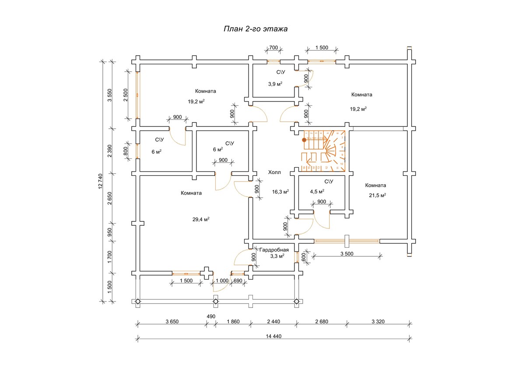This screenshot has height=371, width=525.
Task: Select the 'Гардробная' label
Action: pyautogui.click(x=274, y=250)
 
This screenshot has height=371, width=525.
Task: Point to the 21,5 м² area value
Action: pyautogui.click(x=377, y=196)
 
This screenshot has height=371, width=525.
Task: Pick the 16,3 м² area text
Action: pyautogui.click(x=280, y=192)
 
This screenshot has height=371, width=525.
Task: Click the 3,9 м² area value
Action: pyautogui.click(x=275, y=84)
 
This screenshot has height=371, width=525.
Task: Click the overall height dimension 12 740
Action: pyautogui.click(x=101, y=181)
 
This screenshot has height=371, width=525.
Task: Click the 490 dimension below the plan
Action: pyautogui.click(x=211, y=316)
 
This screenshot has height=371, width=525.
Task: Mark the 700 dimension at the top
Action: pyautogui.click(x=273, y=47)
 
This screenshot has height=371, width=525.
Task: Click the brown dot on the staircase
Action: pyautogui.click(x=304, y=140)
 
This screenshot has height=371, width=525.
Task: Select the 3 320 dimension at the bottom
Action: pyautogui.click(x=378, y=322)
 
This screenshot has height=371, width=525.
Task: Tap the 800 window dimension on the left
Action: pyautogui.click(x=126, y=151)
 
